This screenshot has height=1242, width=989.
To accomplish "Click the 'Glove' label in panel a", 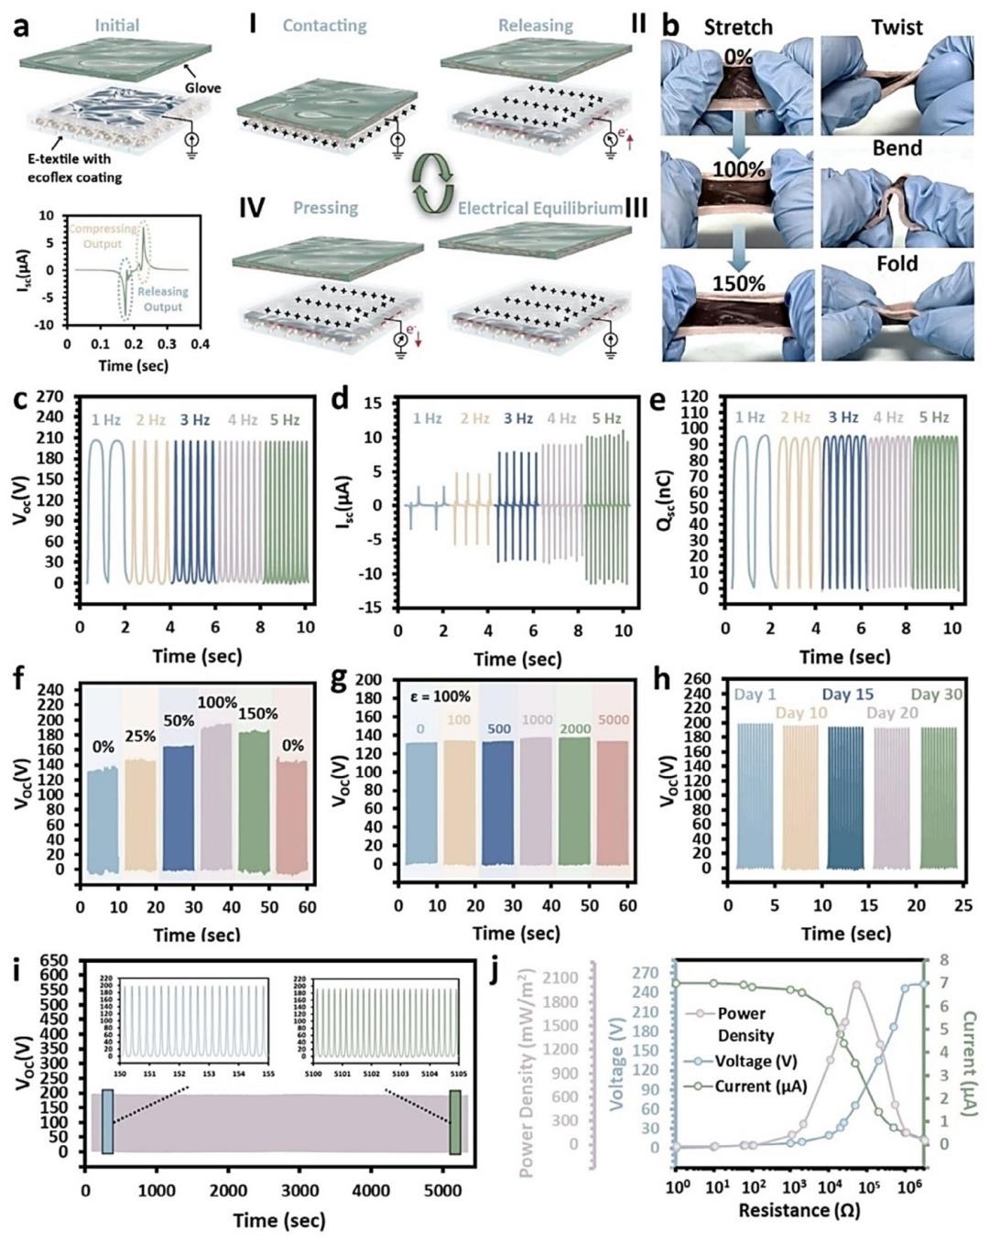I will [x=202, y=88].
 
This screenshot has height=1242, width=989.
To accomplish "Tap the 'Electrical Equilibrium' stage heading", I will [x=539, y=208].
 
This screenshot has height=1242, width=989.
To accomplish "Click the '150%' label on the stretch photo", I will [x=738, y=283].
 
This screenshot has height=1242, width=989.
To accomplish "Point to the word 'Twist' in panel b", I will [x=897, y=27].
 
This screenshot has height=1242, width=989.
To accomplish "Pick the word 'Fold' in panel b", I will [x=897, y=264].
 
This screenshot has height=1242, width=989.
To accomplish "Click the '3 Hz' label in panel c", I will [x=194, y=420].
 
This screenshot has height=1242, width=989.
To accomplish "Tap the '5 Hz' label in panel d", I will [x=605, y=418].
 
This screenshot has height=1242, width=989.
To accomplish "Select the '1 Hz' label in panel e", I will [x=750, y=417].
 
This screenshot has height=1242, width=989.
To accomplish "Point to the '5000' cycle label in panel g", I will [x=613, y=719].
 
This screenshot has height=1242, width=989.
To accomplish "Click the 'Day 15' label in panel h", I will [x=847, y=695].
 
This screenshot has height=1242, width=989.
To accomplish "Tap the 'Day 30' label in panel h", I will [x=936, y=695].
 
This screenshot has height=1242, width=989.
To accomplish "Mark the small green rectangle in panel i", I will [x=455, y=1122].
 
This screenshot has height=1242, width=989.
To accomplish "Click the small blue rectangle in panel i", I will [x=108, y=1121].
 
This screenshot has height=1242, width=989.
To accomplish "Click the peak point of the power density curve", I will [x=856, y=986].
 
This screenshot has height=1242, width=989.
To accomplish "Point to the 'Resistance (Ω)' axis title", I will [x=798, y=1210].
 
